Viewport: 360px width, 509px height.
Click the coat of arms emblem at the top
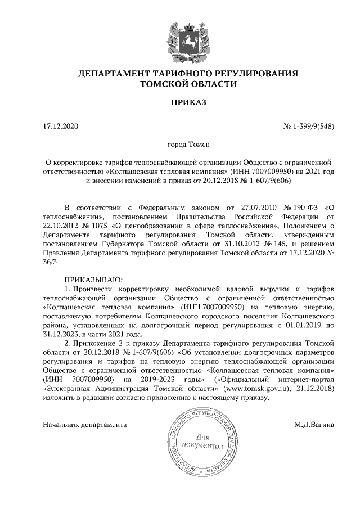[181, 38]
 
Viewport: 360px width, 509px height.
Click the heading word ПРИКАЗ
[181, 103]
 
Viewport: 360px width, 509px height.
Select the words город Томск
[181, 145]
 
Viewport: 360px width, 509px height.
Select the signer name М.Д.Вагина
[314, 424]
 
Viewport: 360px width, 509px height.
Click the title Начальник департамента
[84, 424]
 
